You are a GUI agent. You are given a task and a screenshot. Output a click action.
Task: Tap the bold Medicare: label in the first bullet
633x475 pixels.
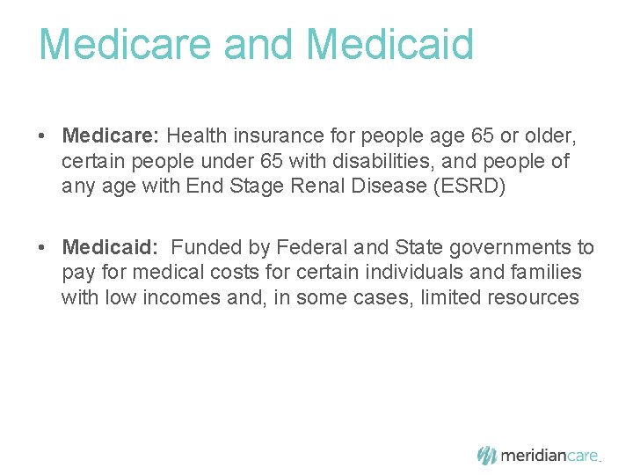click(x=109, y=136)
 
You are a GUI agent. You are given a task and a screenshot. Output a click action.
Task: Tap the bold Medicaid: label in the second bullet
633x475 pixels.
click(x=110, y=249)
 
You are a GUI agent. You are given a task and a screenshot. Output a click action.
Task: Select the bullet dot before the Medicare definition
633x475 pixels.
click(x=42, y=137)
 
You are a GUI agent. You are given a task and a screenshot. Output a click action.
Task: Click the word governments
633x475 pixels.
click(x=495, y=249)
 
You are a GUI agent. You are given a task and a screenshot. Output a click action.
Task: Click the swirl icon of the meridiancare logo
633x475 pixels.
click(x=487, y=455)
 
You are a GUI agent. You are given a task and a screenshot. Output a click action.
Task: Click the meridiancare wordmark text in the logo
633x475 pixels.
click(x=549, y=456)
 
